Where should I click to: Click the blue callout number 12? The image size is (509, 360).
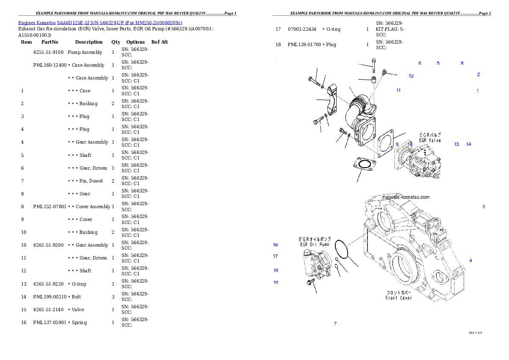(x=411, y=76)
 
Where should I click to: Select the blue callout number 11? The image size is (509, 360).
(x=398, y=91)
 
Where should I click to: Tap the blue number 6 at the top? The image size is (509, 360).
(x=420, y=63)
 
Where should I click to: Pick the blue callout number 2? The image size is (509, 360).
(x=478, y=74)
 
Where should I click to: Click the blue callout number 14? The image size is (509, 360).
(x=469, y=145)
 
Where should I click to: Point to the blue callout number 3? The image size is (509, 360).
(x=483, y=207)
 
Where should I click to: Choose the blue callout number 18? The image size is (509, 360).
(x=275, y=245)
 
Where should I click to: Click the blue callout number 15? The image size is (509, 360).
(x=276, y=283)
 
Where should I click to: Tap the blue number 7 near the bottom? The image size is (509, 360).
(x=335, y=324)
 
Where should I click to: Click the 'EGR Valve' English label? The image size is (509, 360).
(x=429, y=141)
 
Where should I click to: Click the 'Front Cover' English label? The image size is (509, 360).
(x=399, y=298)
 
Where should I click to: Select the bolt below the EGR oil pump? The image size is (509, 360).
(x=311, y=282)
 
